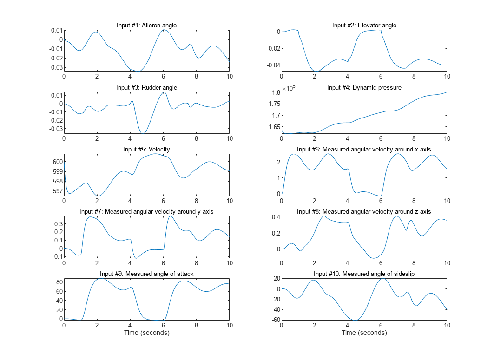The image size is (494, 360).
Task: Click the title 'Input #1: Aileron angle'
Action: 146,25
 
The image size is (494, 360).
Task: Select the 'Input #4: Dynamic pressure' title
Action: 364,87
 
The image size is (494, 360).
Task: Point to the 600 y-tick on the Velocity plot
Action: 56,162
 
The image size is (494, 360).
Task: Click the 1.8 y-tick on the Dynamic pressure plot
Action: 274,93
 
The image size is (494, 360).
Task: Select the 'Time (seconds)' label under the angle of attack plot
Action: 146,333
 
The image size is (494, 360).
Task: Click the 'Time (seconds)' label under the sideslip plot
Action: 364,333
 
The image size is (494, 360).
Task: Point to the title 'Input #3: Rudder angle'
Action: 146,87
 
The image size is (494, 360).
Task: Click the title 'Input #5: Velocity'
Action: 146,149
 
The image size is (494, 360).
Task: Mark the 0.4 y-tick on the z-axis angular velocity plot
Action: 274,217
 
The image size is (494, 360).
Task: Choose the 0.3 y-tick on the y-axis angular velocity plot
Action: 57,223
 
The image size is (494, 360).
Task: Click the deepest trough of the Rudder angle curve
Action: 143,133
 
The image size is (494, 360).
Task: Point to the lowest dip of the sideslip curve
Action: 356,320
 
